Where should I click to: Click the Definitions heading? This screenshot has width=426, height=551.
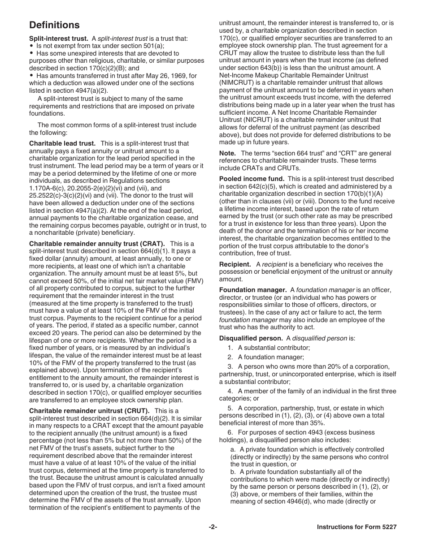point(54,25)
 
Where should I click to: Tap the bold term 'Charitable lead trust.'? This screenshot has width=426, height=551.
point(62,143)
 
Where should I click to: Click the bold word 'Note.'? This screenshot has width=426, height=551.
point(227,153)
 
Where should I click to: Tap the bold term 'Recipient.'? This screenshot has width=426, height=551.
point(235,264)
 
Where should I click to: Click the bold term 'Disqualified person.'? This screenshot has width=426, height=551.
point(251,338)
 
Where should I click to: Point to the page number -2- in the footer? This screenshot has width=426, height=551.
point(213,527)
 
